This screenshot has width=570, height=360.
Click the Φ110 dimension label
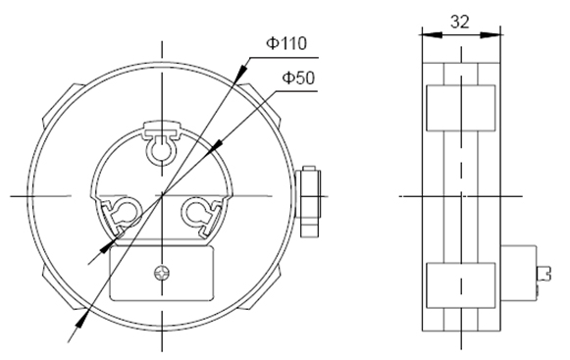pos(286,43)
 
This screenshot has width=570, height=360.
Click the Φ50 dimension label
pos(298,77)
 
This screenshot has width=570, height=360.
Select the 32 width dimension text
pos(460,22)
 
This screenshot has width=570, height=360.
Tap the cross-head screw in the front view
pos(162,273)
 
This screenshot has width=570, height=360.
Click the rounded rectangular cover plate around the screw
pos(162,273)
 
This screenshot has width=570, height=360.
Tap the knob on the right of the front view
pos(308,202)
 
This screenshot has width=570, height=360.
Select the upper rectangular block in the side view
pos(460,108)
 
